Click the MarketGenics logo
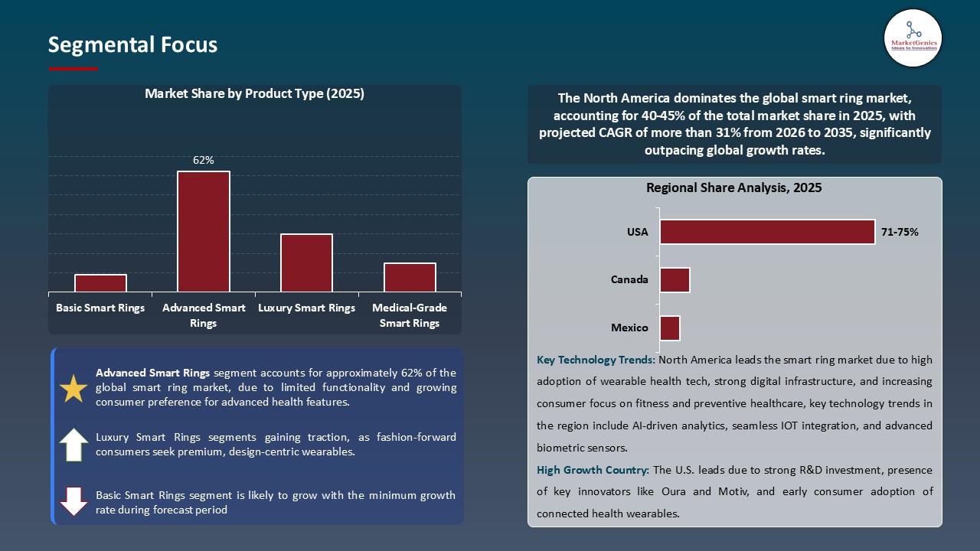pyautogui.click(x=913, y=37)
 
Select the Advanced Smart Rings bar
pyautogui.click(x=204, y=231)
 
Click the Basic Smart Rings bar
pyautogui.click(x=100, y=283)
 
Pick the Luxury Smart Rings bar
pyautogui.click(x=306, y=262)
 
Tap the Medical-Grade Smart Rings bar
pyautogui.click(x=410, y=277)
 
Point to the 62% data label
pyautogui.click(x=204, y=161)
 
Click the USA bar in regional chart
pyautogui.click(x=767, y=232)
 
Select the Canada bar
pyautogui.click(x=675, y=280)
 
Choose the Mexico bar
pyautogui.click(x=670, y=328)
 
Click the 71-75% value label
pyautogui.click(x=900, y=232)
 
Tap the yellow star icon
pyautogui.click(x=73, y=389)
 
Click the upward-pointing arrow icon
pyautogui.click(x=73, y=445)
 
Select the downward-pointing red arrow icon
pyautogui.click(x=73, y=501)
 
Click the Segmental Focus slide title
pyautogui.click(x=132, y=45)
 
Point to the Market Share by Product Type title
pyautogui.click(x=254, y=94)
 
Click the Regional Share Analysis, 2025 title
pyautogui.click(x=733, y=187)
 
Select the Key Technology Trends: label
pyautogui.click(x=596, y=360)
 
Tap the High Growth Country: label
pyautogui.click(x=593, y=470)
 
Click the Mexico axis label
pyautogui.click(x=629, y=328)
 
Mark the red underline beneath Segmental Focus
pyautogui.click(x=73, y=69)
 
